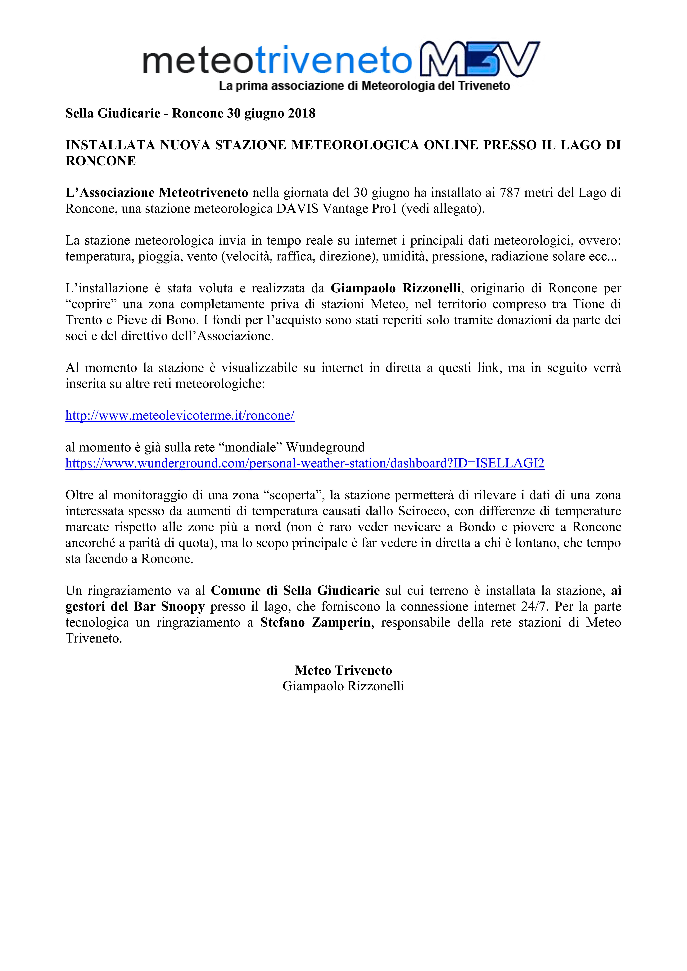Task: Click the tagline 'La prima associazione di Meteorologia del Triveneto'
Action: tap(364, 86)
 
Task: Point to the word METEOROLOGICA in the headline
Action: tap(355, 145)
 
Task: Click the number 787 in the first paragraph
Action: tap(509, 193)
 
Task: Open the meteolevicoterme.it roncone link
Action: tap(180, 416)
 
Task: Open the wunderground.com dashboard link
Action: tap(305, 463)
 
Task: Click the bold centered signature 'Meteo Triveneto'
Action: tap(343, 670)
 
